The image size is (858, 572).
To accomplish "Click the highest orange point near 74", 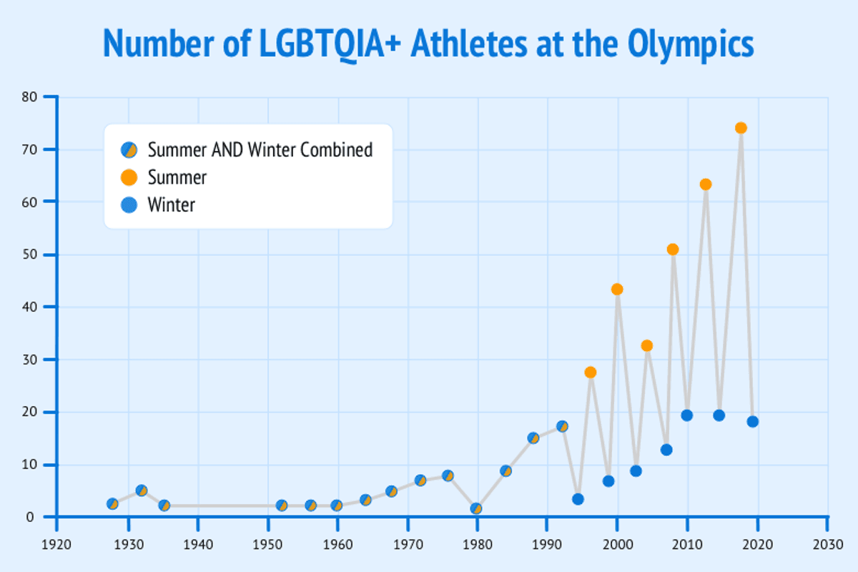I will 741,128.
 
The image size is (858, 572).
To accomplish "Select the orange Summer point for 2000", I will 617,290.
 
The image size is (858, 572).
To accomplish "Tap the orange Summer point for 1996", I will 591,373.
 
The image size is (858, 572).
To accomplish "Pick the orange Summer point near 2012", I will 706,184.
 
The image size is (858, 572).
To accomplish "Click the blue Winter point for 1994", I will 578,499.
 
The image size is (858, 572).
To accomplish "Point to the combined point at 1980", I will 476,508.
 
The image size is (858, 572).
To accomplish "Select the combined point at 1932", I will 142,490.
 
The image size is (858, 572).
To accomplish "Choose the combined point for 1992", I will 562,426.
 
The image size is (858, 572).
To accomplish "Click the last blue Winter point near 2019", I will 753,422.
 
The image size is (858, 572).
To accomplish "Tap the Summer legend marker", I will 129,177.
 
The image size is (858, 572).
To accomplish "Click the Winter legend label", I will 172,205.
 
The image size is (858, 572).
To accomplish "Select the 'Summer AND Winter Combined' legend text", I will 260,150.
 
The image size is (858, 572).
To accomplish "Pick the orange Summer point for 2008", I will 672,250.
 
